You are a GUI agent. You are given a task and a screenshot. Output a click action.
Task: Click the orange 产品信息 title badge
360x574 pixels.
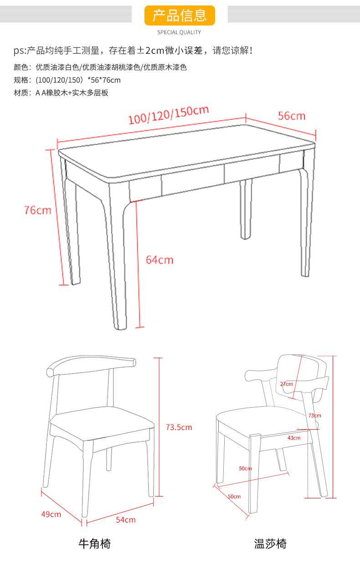[180, 15]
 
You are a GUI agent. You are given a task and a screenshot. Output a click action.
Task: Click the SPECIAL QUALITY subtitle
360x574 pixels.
[179, 32]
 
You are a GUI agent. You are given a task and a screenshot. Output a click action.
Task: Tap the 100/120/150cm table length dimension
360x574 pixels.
[169, 115]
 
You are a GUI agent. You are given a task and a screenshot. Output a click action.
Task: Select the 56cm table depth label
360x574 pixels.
[292, 116]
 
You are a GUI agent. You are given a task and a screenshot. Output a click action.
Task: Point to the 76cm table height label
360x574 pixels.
[38, 210]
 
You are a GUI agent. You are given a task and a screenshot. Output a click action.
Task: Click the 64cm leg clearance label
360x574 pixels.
[159, 260]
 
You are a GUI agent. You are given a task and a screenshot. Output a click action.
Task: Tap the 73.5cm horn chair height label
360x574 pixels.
[179, 427]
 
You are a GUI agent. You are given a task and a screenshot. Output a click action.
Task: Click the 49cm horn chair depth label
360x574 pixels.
[51, 514]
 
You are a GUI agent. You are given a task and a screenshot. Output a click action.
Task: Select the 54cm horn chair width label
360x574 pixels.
[126, 520]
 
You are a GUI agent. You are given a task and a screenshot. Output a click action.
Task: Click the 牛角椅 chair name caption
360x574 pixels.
[94, 543]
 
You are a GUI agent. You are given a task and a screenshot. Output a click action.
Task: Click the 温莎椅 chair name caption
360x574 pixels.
[270, 543]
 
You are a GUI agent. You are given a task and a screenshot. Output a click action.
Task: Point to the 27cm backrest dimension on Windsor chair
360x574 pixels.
[287, 384]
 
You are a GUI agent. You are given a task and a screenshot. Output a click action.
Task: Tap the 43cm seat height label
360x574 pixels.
[294, 438]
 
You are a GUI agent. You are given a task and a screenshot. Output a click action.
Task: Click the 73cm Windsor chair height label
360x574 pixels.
[314, 415]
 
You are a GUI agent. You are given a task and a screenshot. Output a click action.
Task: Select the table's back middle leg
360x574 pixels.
[246, 209]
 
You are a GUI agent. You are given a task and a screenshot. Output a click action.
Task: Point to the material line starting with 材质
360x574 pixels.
[61, 93]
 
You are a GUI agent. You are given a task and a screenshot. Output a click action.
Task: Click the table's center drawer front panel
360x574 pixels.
[193, 180]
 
